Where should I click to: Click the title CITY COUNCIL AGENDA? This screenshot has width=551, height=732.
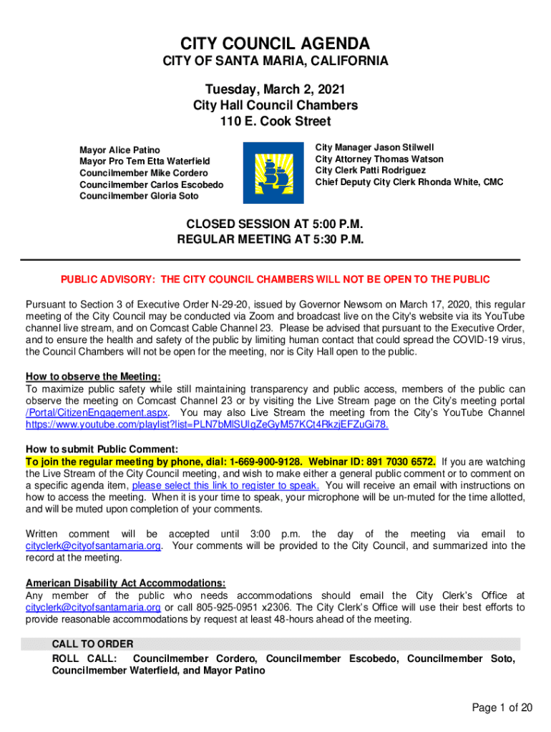coord(275,43)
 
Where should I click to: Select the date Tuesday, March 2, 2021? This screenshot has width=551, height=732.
coord(275,89)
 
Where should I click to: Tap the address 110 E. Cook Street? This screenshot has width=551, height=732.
coord(275,122)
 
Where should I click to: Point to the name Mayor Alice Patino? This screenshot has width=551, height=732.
coord(120,150)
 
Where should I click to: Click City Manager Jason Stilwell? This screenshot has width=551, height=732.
coord(375,147)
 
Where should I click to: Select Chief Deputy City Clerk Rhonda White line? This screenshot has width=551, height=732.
coord(409,182)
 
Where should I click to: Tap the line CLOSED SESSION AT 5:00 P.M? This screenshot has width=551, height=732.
coord(275,224)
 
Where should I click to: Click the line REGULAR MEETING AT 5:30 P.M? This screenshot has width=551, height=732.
coord(275,239)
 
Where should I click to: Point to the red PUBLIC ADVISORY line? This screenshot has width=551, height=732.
coord(275,279)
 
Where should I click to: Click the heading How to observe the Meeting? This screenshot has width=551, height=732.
coord(93,377)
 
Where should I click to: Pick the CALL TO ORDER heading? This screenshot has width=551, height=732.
coord(92,644)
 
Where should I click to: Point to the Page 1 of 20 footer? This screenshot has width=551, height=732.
coord(502,708)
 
